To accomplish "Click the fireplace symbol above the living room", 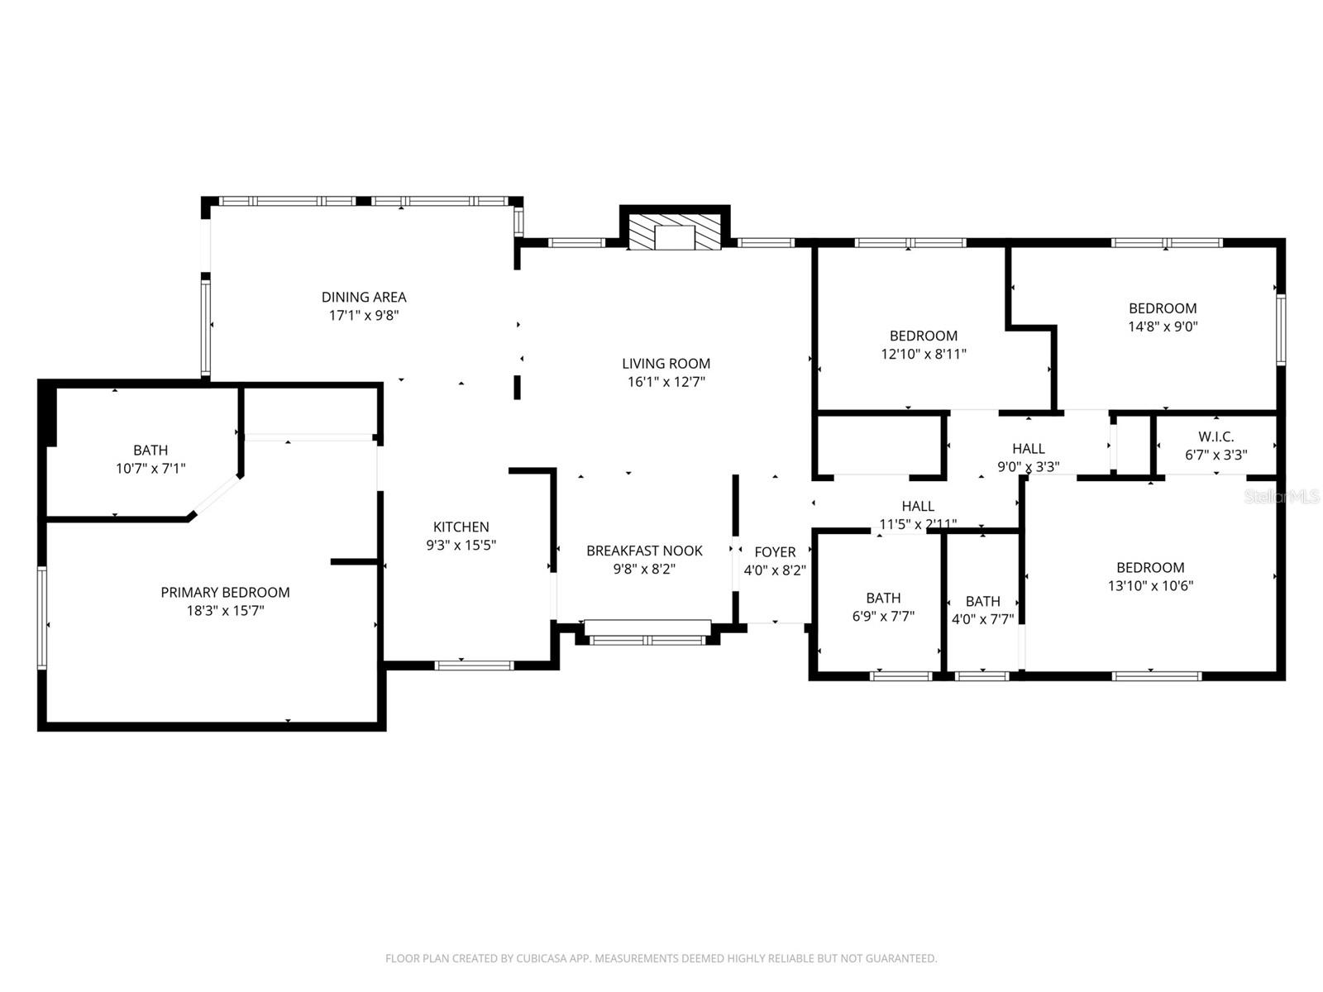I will pos(675,232).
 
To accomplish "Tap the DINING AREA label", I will pos(364,297).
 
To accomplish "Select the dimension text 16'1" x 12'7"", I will pos(666,382).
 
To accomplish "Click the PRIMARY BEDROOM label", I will pos(225,592).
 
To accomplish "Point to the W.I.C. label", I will pos(1216,436).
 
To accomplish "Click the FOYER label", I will pos(775,551).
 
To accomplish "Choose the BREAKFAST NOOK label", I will pos(644,551).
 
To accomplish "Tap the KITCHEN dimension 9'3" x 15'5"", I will pos(461,545).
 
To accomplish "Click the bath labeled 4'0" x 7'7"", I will pos(982,601).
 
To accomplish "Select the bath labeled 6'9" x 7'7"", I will pos(883,598).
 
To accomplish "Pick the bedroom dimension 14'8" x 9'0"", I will pos(1163,327).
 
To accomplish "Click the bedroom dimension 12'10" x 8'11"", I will pos(924,354).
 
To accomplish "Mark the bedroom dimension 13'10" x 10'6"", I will pos(1150,586).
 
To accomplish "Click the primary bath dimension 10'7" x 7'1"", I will pos(150,469).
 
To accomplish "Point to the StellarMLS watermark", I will pos(1282,497).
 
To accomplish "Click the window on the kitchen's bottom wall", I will pos(475,665).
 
